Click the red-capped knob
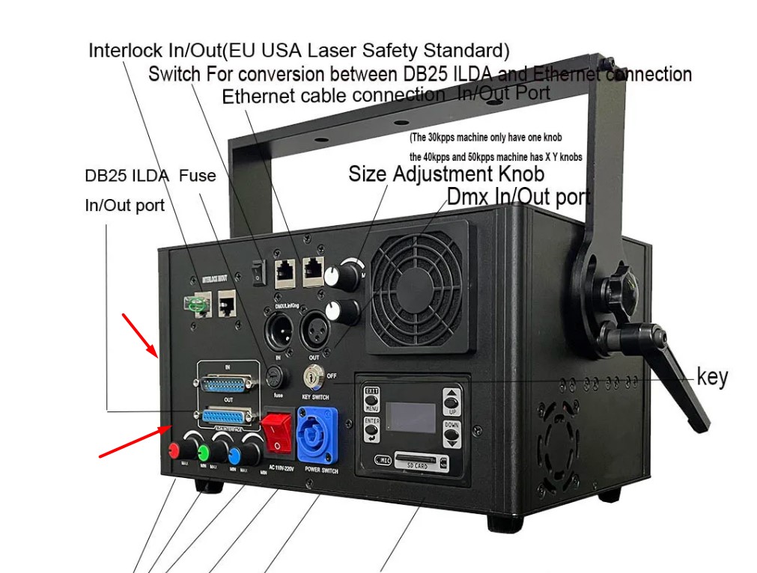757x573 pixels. click(174, 451)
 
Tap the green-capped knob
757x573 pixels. click(202, 452)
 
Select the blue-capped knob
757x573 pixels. click(234, 455)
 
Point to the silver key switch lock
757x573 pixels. click(312, 376)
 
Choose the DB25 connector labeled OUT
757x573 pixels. click(224, 415)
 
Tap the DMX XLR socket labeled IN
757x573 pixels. click(278, 330)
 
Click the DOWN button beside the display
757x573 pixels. click(452, 433)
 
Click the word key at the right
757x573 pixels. click(711, 377)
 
